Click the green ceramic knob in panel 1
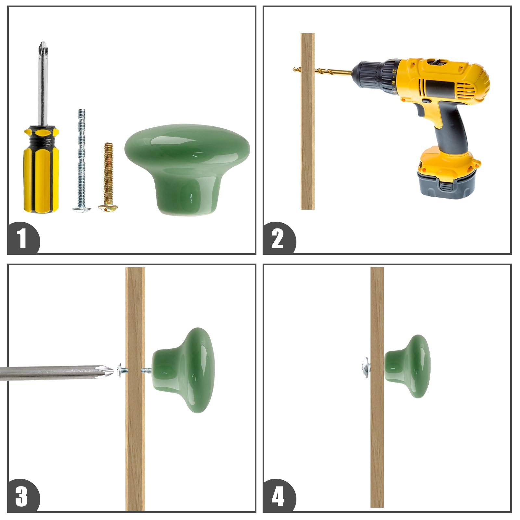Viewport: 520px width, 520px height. pos(187,169)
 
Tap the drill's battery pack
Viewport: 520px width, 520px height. pos(448,174)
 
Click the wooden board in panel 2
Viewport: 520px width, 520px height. pos(307,121)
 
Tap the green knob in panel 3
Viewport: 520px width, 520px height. pos(183,370)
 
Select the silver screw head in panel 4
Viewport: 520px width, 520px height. pos(366,367)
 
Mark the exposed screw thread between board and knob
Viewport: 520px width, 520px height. pos(147,370)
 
